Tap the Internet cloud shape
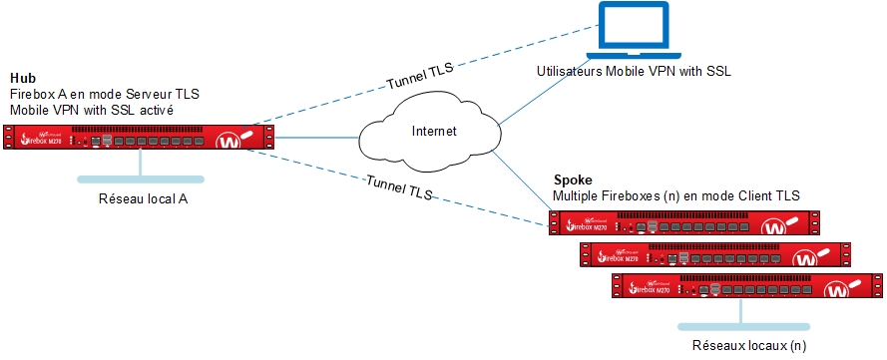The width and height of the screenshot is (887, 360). pos(434,132)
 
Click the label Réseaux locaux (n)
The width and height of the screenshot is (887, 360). pos(747,346)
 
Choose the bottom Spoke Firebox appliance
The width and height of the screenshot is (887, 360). pos(744,285)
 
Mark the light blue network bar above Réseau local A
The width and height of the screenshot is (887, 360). pos(141,180)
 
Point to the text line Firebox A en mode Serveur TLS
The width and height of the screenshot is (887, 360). pos(105,94)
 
